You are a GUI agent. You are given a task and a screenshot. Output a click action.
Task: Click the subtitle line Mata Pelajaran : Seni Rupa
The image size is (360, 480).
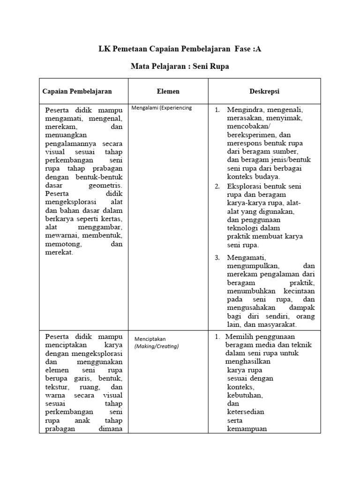tap(180, 67)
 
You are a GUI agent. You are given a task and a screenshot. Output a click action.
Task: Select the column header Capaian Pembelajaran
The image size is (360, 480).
tap(77, 91)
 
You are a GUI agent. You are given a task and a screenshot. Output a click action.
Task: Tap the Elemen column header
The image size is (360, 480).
tap(168, 91)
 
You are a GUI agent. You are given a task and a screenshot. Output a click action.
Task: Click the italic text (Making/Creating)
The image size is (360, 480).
tap(157, 346)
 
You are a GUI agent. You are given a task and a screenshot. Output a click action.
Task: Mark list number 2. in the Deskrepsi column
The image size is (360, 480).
tap(217, 187)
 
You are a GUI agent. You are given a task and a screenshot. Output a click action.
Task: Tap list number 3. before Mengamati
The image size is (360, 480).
tap(217, 258)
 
